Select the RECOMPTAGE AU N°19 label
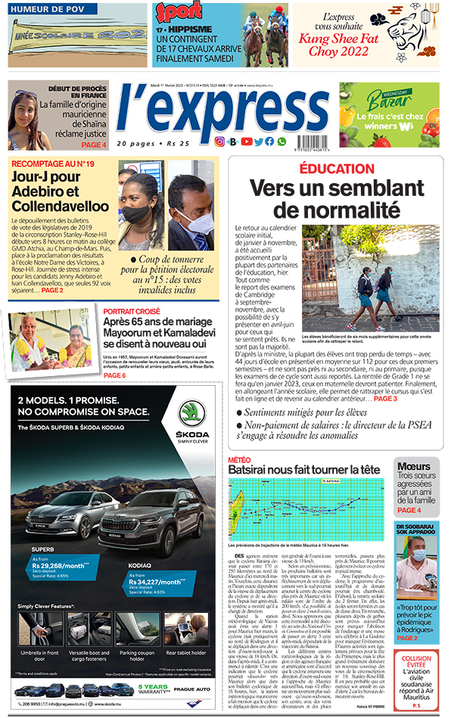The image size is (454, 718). (53, 163)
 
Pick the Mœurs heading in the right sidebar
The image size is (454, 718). (415, 466)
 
